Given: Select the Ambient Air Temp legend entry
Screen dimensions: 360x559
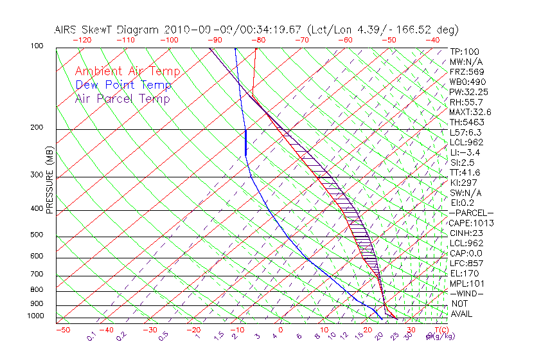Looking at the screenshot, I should (x=127, y=71).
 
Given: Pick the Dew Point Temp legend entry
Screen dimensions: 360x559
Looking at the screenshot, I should (x=123, y=85).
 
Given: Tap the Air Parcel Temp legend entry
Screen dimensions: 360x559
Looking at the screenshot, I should (x=123, y=98).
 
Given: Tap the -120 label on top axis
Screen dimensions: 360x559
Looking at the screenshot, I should (x=82, y=40).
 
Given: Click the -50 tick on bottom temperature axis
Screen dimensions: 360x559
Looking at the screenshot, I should (x=62, y=330).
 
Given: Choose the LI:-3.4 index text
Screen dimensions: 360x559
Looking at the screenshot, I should (x=465, y=152).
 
